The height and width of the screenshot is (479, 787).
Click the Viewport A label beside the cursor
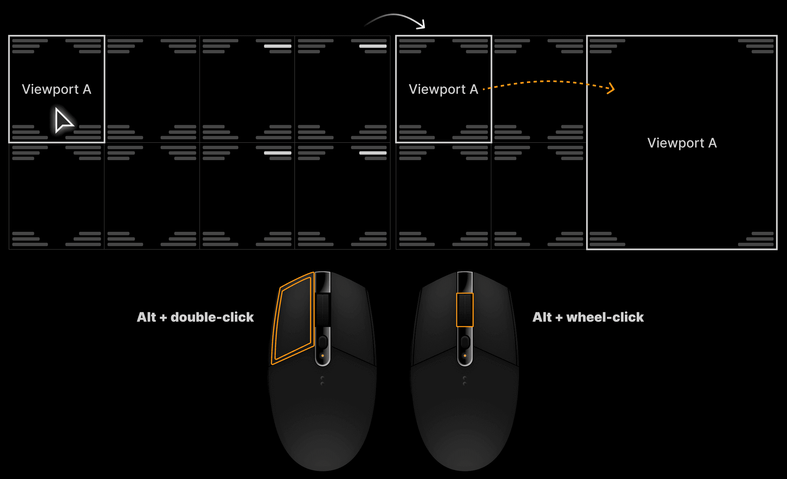[57, 89]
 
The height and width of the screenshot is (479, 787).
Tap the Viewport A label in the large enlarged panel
[682, 143]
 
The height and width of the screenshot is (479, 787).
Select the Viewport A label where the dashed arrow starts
[443, 89]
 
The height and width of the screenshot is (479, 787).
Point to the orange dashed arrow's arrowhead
[611, 88]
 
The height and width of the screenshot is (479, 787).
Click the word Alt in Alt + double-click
[147, 317]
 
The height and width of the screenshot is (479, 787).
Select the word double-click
[212, 317]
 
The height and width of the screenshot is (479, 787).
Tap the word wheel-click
[605, 317]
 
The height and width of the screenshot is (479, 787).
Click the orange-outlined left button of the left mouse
[293, 319]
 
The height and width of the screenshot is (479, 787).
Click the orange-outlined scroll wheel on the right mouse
[465, 310]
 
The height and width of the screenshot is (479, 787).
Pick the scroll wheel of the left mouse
[322, 310]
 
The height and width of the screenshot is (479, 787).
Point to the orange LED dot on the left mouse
[322, 356]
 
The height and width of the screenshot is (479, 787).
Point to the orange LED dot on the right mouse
[465, 356]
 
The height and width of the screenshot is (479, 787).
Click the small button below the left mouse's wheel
[322, 342]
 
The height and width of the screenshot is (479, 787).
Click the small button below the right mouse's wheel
[465, 342]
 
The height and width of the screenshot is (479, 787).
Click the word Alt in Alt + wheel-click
[542, 317]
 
